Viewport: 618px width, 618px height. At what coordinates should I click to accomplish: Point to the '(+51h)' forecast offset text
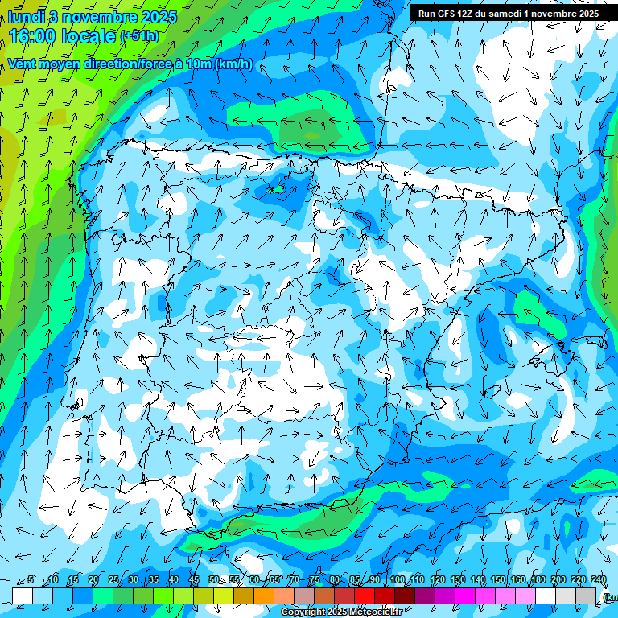click(139, 36)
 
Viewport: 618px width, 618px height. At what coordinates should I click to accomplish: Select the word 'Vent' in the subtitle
click(24, 64)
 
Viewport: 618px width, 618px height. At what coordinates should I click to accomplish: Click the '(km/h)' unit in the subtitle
click(234, 64)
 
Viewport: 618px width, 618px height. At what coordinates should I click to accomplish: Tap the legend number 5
click(31, 580)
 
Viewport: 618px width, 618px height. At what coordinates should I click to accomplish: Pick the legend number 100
click(397, 580)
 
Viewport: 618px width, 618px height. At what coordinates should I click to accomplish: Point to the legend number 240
click(598, 580)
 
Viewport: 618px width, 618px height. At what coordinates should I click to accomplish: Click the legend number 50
click(214, 580)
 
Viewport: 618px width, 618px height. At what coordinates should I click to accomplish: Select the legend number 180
click(538, 580)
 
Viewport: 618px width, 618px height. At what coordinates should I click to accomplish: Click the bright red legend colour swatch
click(365, 595)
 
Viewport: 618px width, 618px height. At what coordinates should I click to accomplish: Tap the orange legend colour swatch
click(264, 595)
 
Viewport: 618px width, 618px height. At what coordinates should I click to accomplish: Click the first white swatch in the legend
click(23, 595)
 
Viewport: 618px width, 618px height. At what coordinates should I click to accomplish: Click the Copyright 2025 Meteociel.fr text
click(341, 612)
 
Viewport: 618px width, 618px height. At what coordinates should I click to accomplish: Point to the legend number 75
click(315, 580)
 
